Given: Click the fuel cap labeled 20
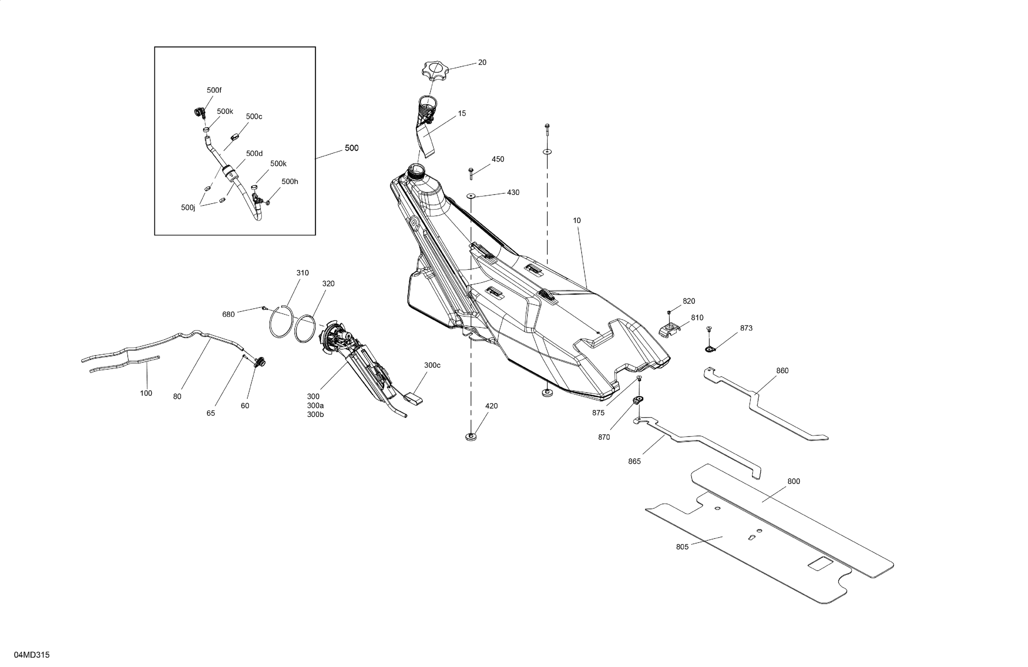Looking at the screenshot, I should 435,70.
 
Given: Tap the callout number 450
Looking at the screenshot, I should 498,159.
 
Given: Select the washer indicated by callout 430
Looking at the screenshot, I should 470,196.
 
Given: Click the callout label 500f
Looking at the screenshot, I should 214,90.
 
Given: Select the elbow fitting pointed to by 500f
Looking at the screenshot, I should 199,113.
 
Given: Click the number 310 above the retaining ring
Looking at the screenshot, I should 302,273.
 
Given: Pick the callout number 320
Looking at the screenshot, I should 328,284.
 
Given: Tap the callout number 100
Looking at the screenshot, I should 146,393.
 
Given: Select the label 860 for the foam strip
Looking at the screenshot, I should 782,370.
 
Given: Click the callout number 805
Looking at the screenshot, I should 682,547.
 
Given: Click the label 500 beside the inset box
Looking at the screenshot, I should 352,148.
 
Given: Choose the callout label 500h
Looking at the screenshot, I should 290,181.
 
